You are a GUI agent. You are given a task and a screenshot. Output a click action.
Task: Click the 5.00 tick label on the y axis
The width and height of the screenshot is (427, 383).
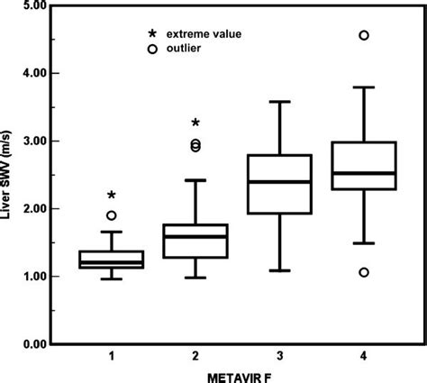[x=34, y=5]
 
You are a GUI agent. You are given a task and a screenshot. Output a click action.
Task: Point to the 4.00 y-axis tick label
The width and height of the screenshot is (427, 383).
[x=34, y=73]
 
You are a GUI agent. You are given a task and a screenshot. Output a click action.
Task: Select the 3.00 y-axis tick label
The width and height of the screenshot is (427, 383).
[x=34, y=141]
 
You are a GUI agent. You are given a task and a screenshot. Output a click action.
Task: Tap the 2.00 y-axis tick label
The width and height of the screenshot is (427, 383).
[x=34, y=208]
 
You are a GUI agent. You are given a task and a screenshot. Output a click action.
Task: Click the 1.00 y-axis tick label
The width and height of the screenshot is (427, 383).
[x=34, y=276]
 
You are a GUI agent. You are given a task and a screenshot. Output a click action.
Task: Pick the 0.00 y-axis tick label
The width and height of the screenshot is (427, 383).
[x=34, y=343]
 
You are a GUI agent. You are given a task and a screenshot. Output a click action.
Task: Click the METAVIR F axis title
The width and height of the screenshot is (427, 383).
[x=237, y=375]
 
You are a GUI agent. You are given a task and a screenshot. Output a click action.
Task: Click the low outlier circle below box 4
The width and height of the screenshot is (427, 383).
[x=363, y=272]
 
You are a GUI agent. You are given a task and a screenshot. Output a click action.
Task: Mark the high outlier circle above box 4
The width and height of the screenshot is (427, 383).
[x=363, y=35]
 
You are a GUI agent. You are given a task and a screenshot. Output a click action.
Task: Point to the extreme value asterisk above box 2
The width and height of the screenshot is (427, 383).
[x=195, y=123]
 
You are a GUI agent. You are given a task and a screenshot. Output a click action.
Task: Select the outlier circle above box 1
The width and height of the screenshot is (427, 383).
[x=111, y=215]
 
